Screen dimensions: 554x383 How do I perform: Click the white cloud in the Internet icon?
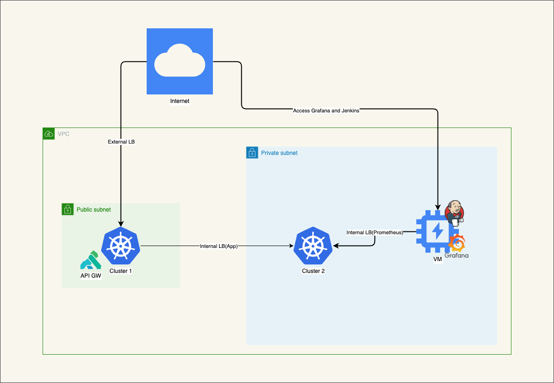tap(180, 60)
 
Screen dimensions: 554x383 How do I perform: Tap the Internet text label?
tap(180, 101)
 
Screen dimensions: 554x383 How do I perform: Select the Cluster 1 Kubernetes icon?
tap(121, 246)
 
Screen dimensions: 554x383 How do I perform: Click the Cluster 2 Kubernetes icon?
tap(313, 246)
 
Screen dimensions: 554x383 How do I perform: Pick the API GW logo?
tap(91, 260)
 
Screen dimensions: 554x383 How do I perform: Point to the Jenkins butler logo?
tap(454, 213)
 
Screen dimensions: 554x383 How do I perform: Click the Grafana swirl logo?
tap(457, 243)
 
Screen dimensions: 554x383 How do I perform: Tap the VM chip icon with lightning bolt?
tap(438, 231)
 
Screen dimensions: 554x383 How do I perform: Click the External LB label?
tap(121, 142)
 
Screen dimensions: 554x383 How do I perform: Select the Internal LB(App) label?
tap(219, 246)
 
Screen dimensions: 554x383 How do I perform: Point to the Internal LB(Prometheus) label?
tap(375, 232)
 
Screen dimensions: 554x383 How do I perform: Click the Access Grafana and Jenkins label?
tap(326, 111)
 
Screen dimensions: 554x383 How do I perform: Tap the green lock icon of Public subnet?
tap(68, 210)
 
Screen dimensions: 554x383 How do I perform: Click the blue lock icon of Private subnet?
tap(252, 153)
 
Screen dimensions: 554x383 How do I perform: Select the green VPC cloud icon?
tap(49, 134)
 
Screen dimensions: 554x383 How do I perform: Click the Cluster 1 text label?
tap(121, 271)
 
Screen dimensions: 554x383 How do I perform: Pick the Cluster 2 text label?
tap(313, 271)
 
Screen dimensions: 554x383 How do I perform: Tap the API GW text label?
tap(91, 276)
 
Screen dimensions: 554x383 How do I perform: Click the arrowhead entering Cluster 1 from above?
tap(121, 224)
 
